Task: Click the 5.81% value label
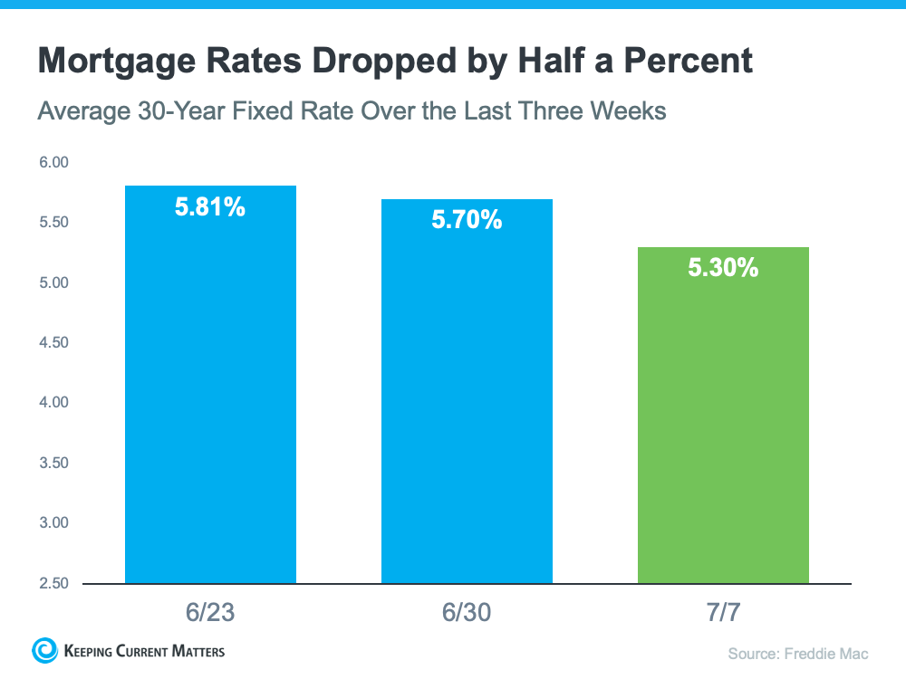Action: [x=210, y=207]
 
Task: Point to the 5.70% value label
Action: [x=467, y=220]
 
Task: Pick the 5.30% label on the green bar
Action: [x=723, y=268]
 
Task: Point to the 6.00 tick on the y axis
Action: [x=54, y=163]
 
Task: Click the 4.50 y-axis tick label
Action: [x=54, y=343]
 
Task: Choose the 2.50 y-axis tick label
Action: [x=54, y=583]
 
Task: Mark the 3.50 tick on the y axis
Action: [x=54, y=463]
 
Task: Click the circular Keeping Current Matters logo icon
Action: [x=44, y=650]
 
